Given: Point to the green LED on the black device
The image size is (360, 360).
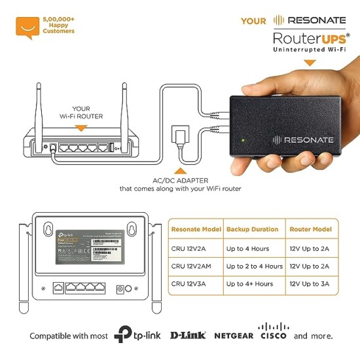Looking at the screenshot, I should [244, 139].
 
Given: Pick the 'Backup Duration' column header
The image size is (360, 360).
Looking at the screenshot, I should [252, 230].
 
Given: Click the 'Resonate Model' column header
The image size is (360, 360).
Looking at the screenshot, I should [194, 230].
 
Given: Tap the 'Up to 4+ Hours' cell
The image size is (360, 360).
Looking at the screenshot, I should [251, 283].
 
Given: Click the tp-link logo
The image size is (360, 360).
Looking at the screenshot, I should [137, 335].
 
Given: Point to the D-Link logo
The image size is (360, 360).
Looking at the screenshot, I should [188, 336].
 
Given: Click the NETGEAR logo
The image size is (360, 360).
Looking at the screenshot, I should [232, 336].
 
